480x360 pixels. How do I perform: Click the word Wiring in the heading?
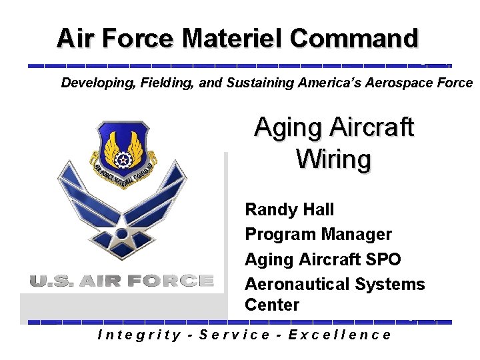click(x=333, y=159)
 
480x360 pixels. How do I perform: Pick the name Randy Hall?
click(x=289, y=209)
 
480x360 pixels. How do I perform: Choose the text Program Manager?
click(x=318, y=234)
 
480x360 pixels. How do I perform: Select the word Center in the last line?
click(x=272, y=305)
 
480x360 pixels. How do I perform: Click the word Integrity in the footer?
click(x=139, y=335)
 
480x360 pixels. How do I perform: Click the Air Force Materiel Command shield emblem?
click(x=123, y=153)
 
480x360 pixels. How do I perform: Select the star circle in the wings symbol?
click(x=122, y=233)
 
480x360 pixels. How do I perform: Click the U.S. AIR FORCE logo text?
click(x=121, y=281)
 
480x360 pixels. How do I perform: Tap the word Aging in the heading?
click(x=286, y=127)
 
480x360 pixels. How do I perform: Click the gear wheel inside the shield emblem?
click(x=123, y=161)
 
